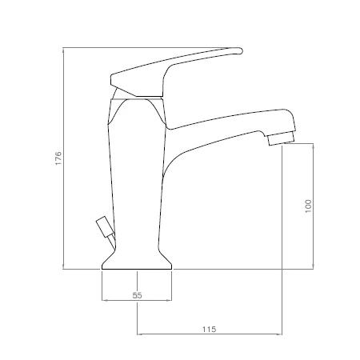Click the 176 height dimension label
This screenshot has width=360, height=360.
58,158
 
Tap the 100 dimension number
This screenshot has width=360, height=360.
308,206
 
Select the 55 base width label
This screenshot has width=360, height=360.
137,295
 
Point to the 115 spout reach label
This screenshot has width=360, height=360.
209,330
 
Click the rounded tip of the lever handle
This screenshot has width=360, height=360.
240,50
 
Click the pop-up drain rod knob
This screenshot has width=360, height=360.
105,226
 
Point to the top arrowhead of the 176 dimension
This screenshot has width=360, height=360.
63,50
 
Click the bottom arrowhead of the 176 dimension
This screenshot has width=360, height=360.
63,266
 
